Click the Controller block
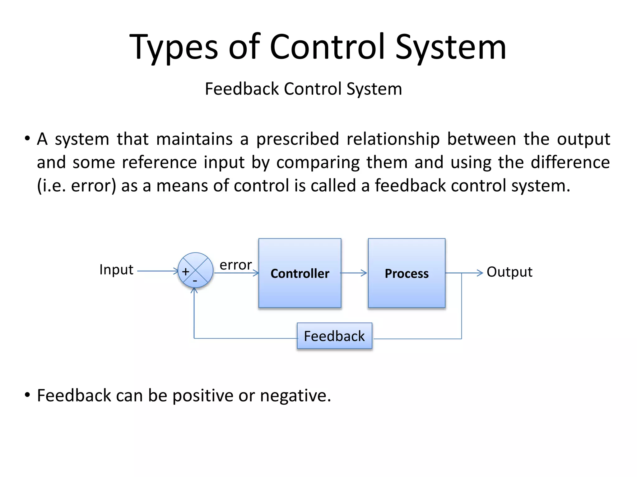point(300,273)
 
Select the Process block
point(407,273)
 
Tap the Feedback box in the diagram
point(334,336)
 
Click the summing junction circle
point(196,270)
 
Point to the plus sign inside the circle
point(186,272)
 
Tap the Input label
point(116,270)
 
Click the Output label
point(509,272)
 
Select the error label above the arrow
point(235,265)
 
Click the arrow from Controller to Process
point(354,273)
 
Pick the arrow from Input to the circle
point(157,271)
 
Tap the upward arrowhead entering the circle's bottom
point(194,291)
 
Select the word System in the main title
point(451,47)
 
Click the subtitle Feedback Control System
point(303,89)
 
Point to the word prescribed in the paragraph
point(298,139)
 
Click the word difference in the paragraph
point(570,162)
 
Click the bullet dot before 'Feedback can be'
point(27,395)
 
